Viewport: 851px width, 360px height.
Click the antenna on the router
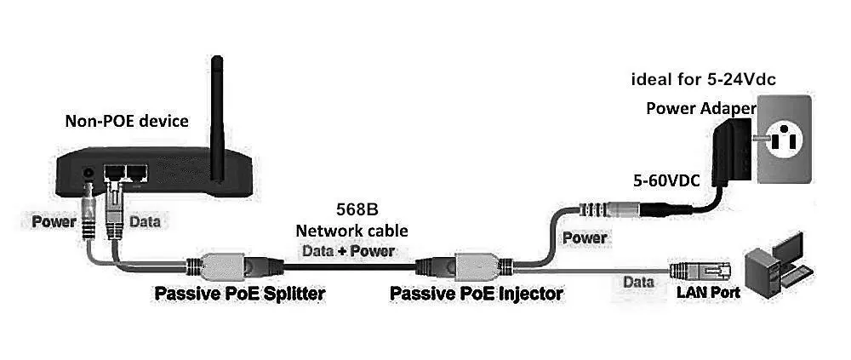[x=217, y=111]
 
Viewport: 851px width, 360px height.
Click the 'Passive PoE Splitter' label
[x=240, y=294]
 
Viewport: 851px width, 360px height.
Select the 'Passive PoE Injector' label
[x=476, y=294]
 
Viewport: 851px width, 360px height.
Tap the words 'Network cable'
[x=351, y=231]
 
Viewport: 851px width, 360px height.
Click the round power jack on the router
[x=89, y=176]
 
